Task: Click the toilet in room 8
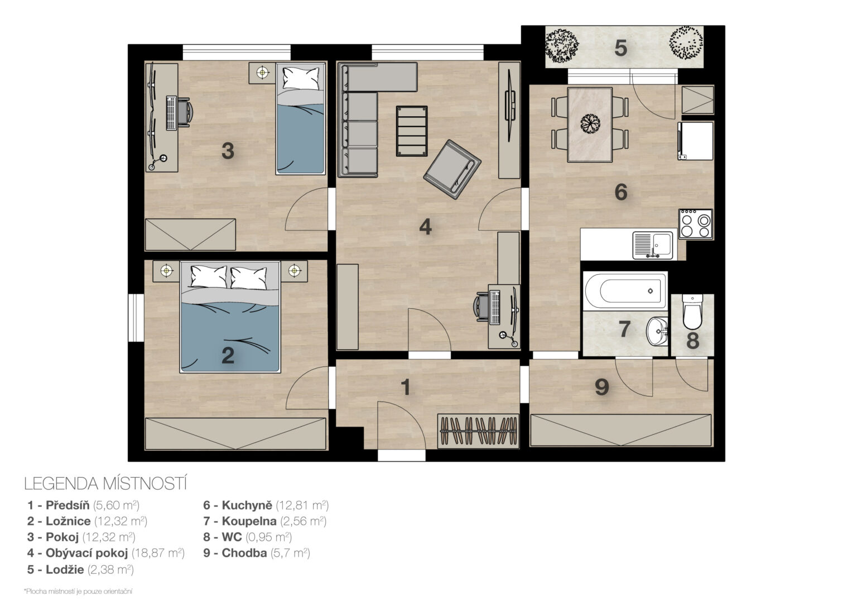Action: tap(692, 312)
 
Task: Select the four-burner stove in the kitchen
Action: tap(696, 224)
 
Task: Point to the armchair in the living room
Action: tap(452, 169)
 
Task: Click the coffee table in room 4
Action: tap(412, 131)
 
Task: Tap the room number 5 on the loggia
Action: tap(620, 48)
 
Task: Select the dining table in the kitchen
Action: tap(590, 125)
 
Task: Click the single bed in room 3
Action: tap(301, 118)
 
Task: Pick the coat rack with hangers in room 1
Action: tap(479, 431)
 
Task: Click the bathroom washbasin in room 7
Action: tap(657, 331)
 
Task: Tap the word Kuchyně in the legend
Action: tap(247, 505)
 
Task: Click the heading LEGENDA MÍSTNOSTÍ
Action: tap(105, 484)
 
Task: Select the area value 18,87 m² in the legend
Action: tap(158, 553)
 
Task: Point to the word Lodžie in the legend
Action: tap(65, 570)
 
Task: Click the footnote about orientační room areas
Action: tap(78, 591)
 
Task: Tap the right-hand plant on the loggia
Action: tap(686, 43)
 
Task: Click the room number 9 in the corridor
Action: tap(602, 387)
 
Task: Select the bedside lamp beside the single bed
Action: tap(262, 72)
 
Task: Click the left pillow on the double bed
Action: tap(208, 276)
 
